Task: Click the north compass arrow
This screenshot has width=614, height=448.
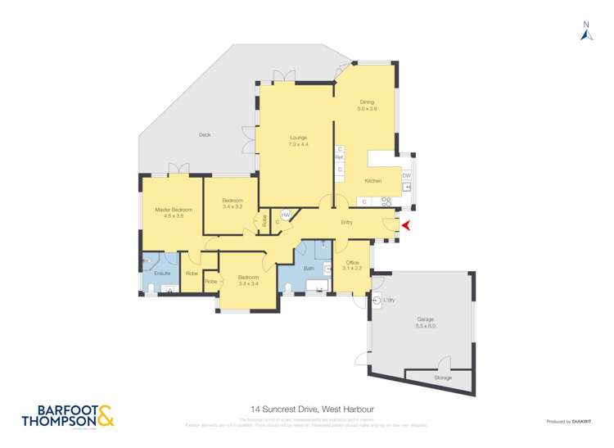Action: (x=586, y=32)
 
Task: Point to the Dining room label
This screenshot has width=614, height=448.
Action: (x=366, y=105)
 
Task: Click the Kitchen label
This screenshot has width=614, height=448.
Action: (x=373, y=181)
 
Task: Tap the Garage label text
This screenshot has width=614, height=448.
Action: (x=426, y=322)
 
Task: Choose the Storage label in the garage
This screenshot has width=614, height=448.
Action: (x=443, y=378)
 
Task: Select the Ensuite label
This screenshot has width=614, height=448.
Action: (x=161, y=272)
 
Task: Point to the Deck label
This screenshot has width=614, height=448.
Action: (x=205, y=134)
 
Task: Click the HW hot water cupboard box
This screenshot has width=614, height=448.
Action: (x=286, y=215)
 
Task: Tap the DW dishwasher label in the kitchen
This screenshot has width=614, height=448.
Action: (x=406, y=175)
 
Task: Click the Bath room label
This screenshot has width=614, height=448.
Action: (x=309, y=268)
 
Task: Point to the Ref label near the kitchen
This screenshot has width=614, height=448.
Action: (x=339, y=158)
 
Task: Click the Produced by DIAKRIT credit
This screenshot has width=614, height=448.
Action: (x=568, y=421)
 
